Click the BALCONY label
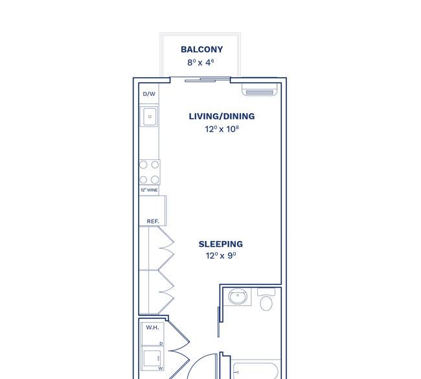201,49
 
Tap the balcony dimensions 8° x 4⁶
201,63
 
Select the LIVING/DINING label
222,117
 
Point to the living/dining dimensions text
222,129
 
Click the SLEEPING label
221,244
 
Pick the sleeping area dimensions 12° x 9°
221,255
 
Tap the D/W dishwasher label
149,94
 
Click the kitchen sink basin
150,117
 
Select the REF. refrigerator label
153,222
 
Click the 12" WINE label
149,190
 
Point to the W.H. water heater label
152,327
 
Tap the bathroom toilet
266,299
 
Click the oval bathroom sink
238,296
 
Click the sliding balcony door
207,80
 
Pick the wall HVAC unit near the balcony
260,89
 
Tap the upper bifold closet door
166,248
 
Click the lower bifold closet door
166,292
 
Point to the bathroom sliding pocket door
218,322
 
